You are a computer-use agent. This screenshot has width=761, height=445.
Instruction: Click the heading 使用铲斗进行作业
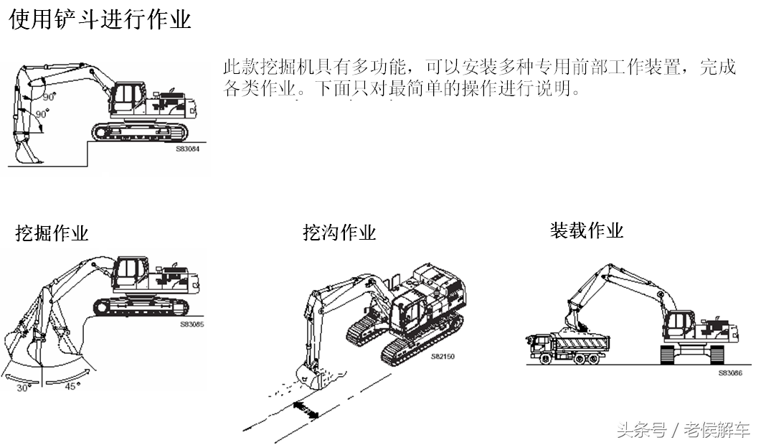point(100,19)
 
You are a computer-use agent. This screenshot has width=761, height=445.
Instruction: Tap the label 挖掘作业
point(52,233)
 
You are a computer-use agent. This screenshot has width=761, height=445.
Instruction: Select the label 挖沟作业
point(339,233)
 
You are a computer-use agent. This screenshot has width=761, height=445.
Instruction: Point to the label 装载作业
point(586,230)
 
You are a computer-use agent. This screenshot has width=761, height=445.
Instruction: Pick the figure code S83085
point(192,324)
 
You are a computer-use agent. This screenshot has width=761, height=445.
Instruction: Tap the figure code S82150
point(443,356)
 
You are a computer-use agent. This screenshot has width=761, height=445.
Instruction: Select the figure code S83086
point(729,373)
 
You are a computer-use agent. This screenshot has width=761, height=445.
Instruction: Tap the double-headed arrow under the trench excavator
point(306,410)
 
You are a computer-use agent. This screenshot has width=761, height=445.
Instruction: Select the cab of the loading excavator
point(680,327)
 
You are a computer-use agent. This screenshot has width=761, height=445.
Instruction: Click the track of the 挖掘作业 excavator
point(141,306)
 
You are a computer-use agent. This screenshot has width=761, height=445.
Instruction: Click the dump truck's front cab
point(539,345)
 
